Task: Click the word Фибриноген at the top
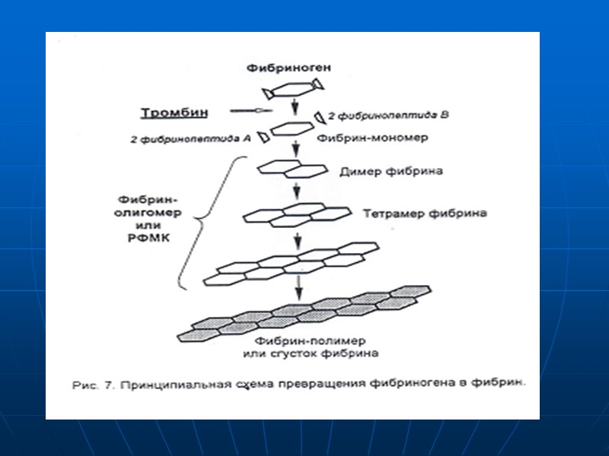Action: [289, 68]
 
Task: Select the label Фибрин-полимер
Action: [310, 341]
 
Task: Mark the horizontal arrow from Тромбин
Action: [247, 112]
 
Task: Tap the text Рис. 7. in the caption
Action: [94, 386]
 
